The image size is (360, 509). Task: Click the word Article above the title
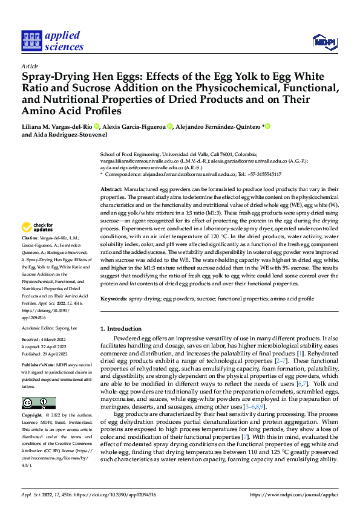coord(30,66)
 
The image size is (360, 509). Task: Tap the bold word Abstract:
coord(111,190)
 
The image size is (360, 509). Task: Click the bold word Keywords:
coord(113,299)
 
